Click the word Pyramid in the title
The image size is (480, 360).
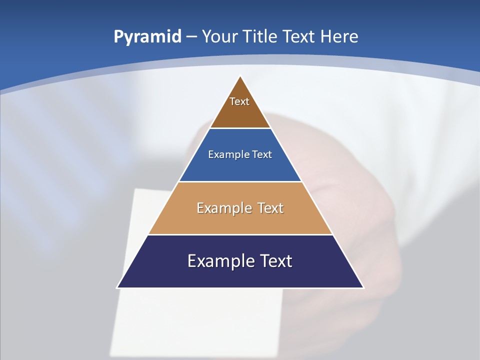(147, 37)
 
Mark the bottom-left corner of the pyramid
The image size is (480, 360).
(117, 287)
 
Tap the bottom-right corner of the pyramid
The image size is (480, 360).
(363, 287)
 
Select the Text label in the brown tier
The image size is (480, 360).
(239, 101)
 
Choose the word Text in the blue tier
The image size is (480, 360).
(262, 154)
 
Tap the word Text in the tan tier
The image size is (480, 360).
(270, 208)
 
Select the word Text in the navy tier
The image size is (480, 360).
(277, 261)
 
